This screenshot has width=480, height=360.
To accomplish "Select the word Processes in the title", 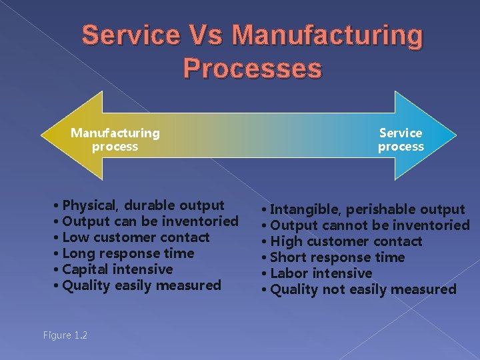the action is (x=252, y=67).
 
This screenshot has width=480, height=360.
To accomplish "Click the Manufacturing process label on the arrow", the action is (x=115, y=139).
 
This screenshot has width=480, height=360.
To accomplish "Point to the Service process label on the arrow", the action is (x=401, y=139).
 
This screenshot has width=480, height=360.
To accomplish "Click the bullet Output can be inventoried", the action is (x=149, y=221).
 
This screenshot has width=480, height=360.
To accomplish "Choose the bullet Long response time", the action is (x=127, y=253).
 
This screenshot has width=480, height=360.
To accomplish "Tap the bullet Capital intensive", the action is (x=117, y=269).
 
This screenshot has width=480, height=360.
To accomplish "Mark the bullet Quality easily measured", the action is (x=141, y=285).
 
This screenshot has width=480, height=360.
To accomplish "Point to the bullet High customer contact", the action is (x=345, y=241).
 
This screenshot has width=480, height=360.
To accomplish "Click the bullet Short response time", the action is (x=337, y=257).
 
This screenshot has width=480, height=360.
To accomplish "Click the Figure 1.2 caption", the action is (x=65, y=335).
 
